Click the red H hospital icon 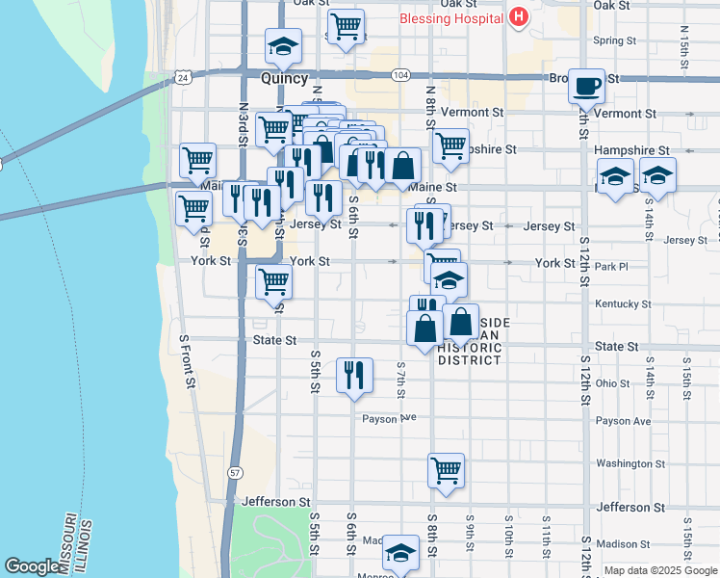pyautogui.click(x=519, y=16)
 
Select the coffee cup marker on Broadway pyautogui.click(x=585, y=86)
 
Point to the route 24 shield pyautogui.click(x=182, y=75)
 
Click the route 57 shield pyautogui.click(x=234, y=472)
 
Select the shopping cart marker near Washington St pyautogui.click(x=446, y=470)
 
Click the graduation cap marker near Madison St pyautogui.click(x=401, y=553)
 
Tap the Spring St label pyautogui.click(x=615, y=40)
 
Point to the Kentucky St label pyautogui.click(x=623, y=303)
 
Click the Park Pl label pyautogui.click(x=610, y=266)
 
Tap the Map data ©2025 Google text pyautogui.click(x=659, y=570)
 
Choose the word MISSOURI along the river pyautogui.click(x=70, y=544)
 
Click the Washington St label pyautogui.click(x=630, y=463)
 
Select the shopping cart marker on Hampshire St pyautogui.click(x=450, y=145)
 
